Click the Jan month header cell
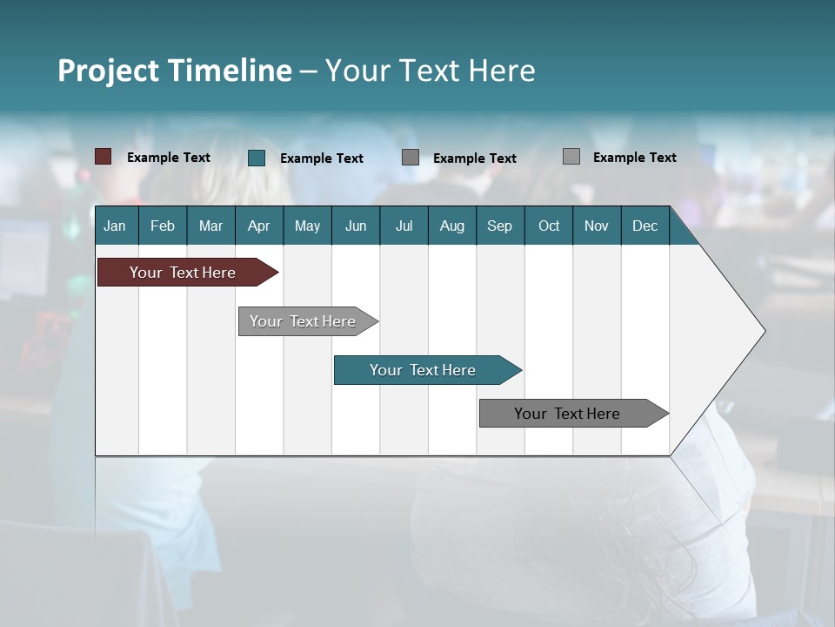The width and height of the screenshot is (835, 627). click(115, 226)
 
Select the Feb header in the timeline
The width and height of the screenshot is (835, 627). click(163, 226)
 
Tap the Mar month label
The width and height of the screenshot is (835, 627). click(210, 226)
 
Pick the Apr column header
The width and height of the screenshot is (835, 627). click(259, 226)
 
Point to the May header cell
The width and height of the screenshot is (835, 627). click(307, 226)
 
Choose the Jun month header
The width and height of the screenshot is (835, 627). click(356, 226)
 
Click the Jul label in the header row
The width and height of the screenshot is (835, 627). click(404, 226)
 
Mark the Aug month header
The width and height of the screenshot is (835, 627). click(452, 226)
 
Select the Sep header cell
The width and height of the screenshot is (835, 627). click(500, 226)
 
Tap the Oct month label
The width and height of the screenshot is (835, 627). click(549, 226)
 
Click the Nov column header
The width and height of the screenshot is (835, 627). click(597, 226)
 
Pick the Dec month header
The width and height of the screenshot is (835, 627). click(645, 226)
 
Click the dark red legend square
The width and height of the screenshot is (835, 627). click(104, 157)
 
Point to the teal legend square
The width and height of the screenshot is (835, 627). click(257, 158)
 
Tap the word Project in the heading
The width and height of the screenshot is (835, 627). click(109, 71)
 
